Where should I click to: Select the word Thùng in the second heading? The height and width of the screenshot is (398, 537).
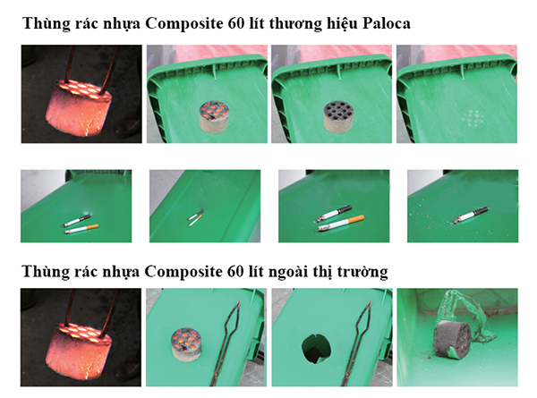pyautogui.click(x=46, y=270)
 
